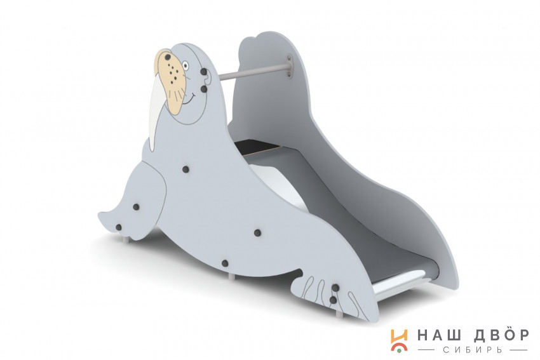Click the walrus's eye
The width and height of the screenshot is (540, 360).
point(186,65)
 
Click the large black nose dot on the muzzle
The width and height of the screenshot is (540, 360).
point(167,57)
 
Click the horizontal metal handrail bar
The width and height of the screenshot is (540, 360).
point(252,72)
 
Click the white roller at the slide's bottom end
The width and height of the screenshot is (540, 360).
point(400,281)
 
